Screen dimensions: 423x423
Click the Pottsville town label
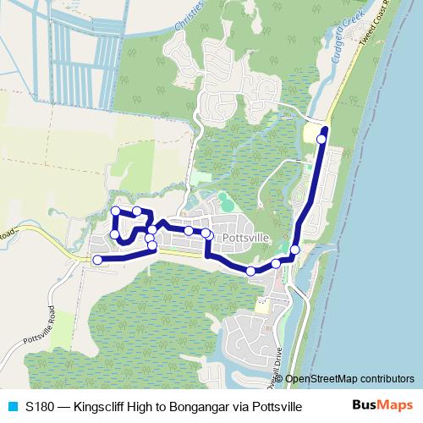tap(244, 239)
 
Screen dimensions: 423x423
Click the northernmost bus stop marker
tap(321, 139)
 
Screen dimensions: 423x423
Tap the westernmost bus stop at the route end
tap(96, 260)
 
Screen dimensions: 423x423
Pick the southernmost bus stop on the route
tap(250, 271)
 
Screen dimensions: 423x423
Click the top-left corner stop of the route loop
tap(115, 211)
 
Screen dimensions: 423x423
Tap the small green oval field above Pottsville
tap(224, 201)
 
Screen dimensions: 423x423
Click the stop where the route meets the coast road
tap(294, 249)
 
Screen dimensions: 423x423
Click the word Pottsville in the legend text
tap(279, 406)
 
